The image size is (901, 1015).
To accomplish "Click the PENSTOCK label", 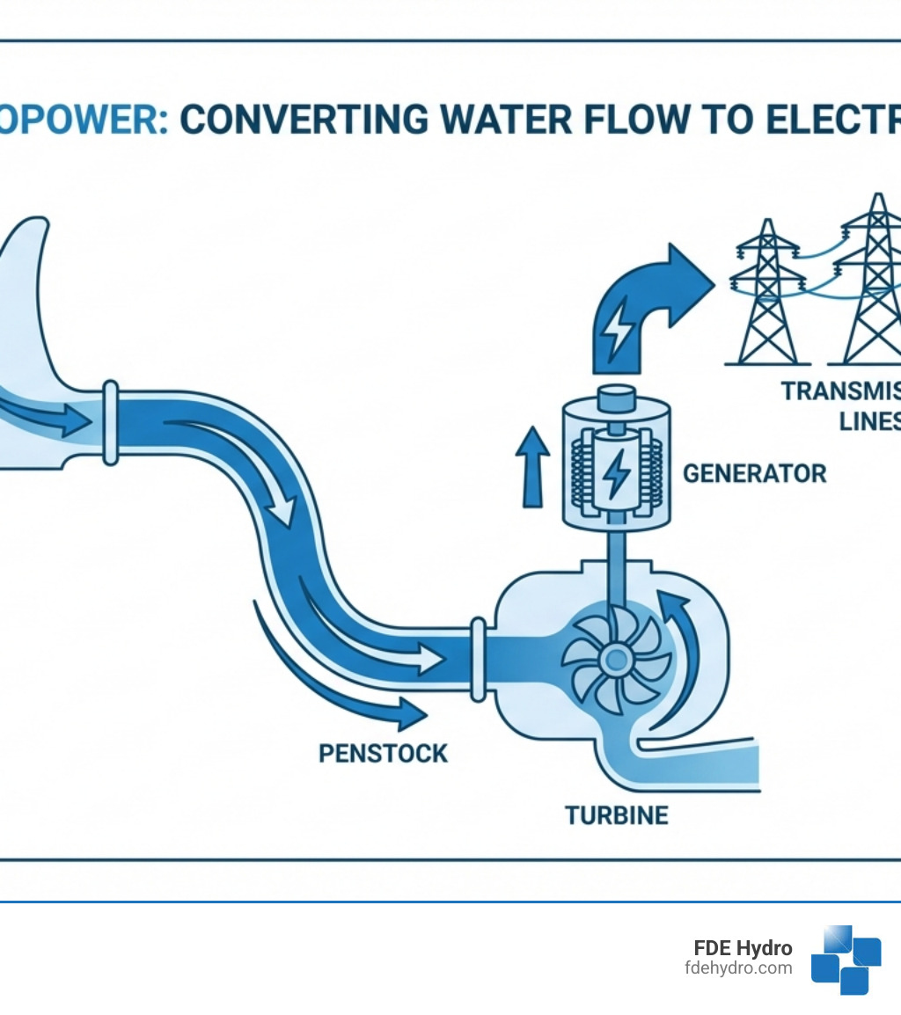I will (x=383, y=753).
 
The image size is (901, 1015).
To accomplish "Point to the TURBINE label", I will (x=616, y=815).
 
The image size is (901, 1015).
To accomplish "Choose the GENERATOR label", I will (x=754, y=473).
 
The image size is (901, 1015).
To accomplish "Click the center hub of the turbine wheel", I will (x=615, y=656).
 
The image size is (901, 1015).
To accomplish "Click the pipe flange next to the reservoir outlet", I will (x=111, y=423).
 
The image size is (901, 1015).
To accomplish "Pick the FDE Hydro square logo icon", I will (x=846, y=959).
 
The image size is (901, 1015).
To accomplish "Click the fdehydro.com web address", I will (x=737, y=968).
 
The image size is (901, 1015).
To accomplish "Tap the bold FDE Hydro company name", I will (x=743, y=948).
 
